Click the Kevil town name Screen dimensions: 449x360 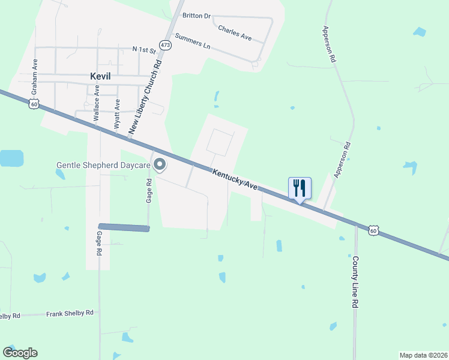[101, 77]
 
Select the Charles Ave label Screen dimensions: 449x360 [235, 32]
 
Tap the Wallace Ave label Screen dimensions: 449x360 [96, 107]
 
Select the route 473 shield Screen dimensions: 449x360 [165, 44]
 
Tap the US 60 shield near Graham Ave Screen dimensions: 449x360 [34, 104]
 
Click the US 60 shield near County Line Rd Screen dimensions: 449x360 [373, 230]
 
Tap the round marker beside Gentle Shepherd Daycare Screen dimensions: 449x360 [160, 164]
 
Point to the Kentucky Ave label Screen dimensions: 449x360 [235, 179]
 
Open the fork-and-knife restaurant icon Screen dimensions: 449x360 [300, 188]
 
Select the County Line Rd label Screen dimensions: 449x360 [355, 282]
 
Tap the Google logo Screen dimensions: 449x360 [20, 353]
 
